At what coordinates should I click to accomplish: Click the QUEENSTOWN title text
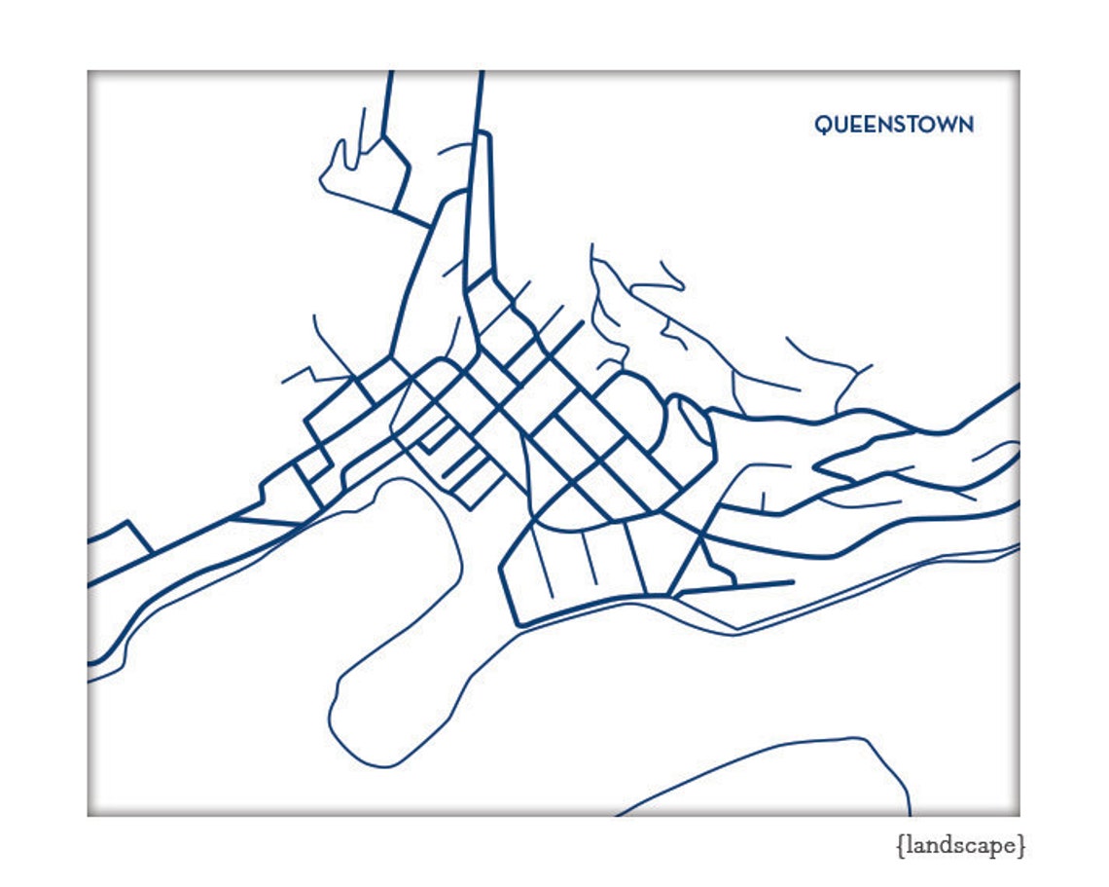893,125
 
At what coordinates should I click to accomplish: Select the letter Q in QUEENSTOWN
823,125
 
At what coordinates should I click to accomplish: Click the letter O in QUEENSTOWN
921,125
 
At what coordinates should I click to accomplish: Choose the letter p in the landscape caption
996,848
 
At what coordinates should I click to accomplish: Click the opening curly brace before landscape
900,846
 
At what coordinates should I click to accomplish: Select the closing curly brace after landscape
1020,846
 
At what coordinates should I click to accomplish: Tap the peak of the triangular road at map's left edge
127,523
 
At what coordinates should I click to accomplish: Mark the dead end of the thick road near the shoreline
792,582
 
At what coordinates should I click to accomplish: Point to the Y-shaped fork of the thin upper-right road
856,370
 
